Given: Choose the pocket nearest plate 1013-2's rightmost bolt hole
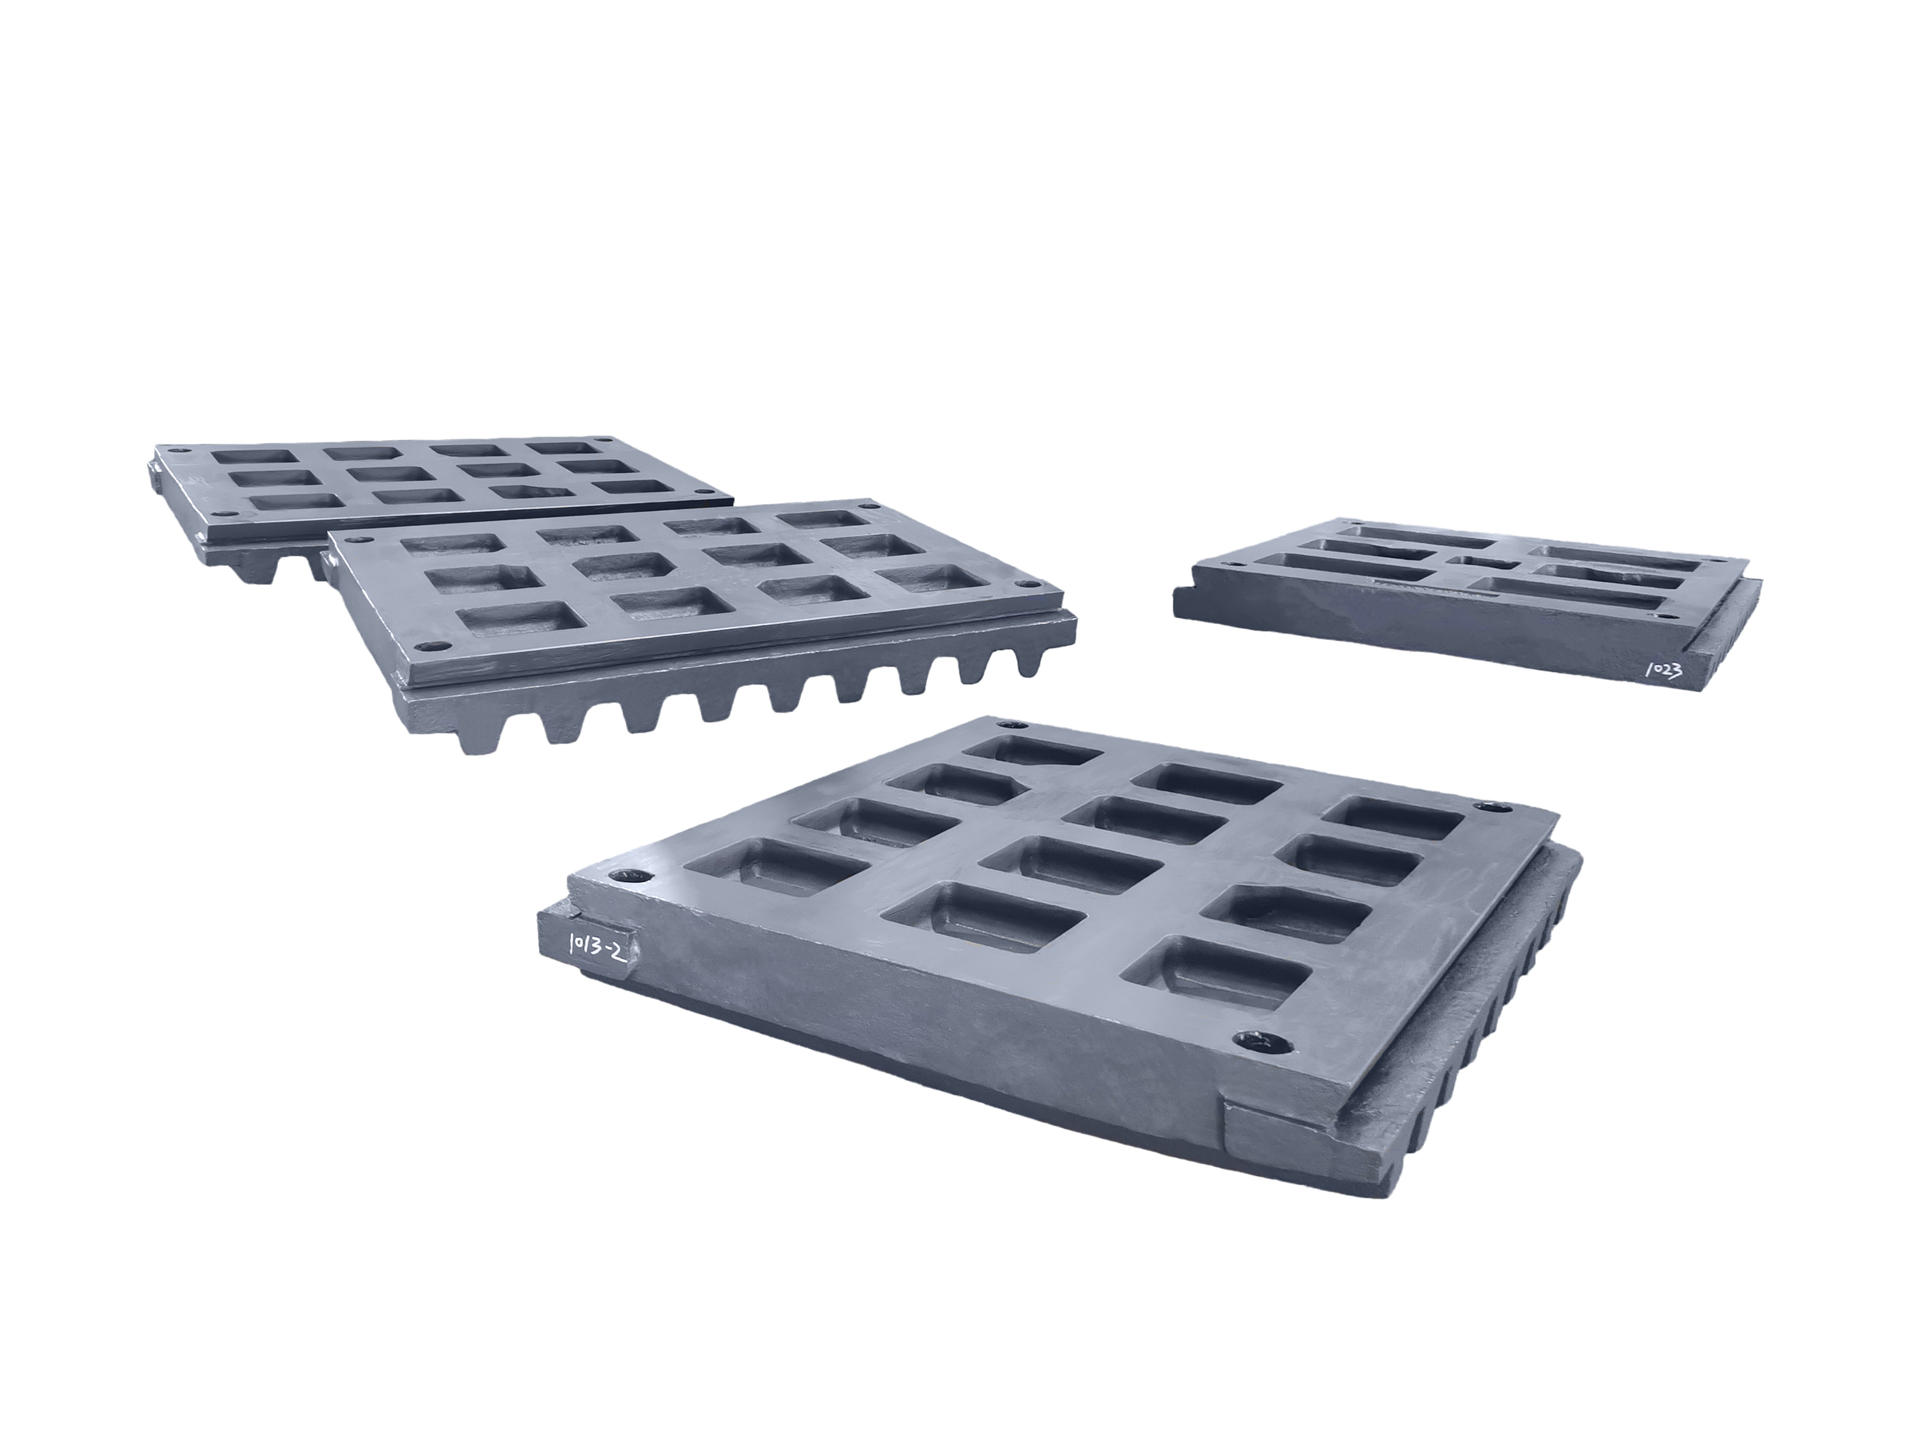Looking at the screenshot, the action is pyautogui.click(x=1392, y=819).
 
